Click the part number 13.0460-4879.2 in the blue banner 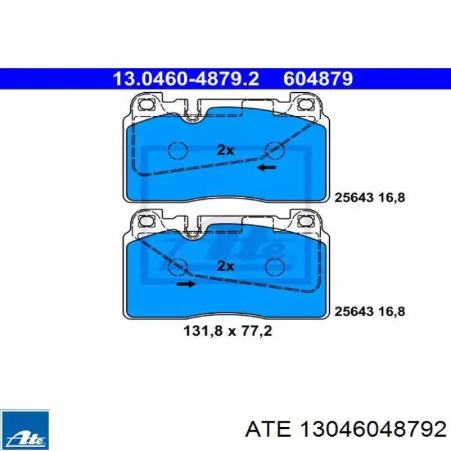pos(186,79)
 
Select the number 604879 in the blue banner pos(318,79)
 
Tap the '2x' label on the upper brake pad pos(225,150)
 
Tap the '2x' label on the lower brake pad pos(225,266)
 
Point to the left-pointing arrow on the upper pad pos(267,168)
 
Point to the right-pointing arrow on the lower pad pos(186,284)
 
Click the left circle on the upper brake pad pos(178,150)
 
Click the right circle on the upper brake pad pos(274,150)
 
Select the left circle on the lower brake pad pos(178,266)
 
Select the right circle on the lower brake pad pos(274,266)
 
